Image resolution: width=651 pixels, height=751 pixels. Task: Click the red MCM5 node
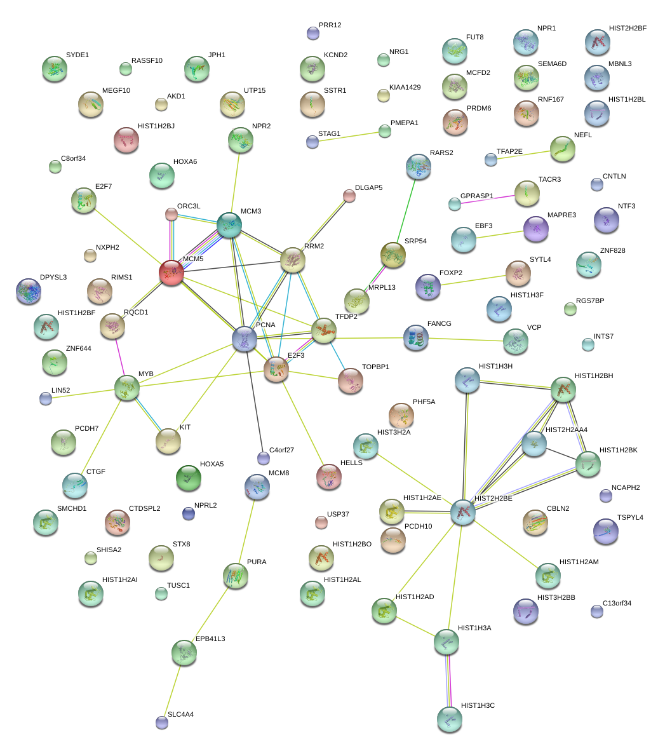pos(171,273)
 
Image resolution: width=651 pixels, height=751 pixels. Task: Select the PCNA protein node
pos(245,339)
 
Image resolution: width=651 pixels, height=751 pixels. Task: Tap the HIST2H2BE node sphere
pos(463,511)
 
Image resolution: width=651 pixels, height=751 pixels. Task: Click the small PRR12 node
pos(312,34)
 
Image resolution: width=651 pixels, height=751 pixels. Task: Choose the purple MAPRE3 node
pos(536,229)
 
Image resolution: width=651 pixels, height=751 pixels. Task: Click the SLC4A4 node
pos(162,722)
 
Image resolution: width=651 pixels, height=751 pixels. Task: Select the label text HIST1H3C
pos(478,706)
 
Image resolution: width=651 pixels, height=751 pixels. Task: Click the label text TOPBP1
pos(375,367)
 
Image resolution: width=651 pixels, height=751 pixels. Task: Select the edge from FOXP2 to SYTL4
pos(473,280)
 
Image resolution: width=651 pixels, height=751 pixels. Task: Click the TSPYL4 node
pos(605,531)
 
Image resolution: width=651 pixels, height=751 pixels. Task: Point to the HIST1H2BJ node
pos(126,140)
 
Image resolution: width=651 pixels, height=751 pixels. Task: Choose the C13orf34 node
pos(596,611)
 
